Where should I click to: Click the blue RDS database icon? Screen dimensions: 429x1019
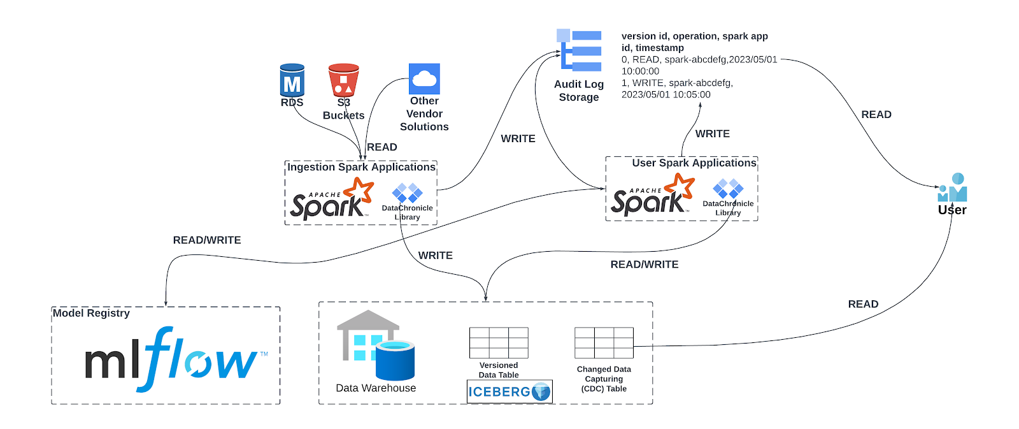click(292, 80)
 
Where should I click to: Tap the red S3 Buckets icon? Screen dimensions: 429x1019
click(343, 80)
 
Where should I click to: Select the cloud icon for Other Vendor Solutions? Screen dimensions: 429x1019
click(424, 79)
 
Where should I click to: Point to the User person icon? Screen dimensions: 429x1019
click(953, 188)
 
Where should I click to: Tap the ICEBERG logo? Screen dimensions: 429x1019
click(509, 391)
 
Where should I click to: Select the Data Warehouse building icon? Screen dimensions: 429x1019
click(375, 345)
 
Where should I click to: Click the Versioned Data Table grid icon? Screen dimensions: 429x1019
click(499, 343)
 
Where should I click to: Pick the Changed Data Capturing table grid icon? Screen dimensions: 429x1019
click(604, 343)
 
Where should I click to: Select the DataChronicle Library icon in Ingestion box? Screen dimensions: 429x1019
click(408, 193)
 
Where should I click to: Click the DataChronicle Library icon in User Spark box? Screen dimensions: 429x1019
click(728, 189)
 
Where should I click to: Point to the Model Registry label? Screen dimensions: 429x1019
click(91, 313)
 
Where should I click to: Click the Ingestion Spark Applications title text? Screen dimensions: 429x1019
click(361, 167)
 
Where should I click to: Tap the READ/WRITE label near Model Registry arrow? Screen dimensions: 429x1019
click(207, 240)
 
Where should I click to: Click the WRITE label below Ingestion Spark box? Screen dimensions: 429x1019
click(436, 256)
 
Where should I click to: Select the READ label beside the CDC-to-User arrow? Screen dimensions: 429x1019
click(863, 305)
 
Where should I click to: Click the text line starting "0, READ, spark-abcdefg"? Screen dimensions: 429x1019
click(699, 59)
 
